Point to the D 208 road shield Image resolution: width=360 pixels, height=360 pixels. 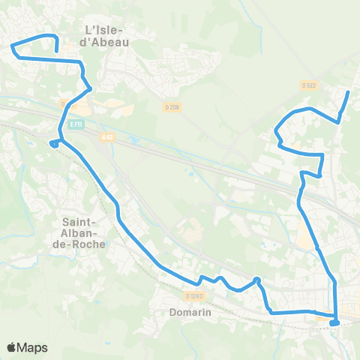(172, 107)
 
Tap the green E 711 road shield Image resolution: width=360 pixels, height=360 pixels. (73, 124)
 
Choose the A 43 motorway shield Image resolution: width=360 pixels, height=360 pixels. (108, 135)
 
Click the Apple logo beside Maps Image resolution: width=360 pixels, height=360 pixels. (12, 347)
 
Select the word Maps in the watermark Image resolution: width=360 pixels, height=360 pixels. (33, 347)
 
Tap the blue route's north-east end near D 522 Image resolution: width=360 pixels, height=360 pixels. (348, 92)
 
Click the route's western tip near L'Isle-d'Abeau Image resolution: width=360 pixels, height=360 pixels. (13, 47)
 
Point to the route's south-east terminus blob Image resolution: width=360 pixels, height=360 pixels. (334, 322)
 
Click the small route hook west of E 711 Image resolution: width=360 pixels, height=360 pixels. (53, 142)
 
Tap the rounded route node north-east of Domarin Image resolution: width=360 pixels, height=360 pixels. (256, 280)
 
